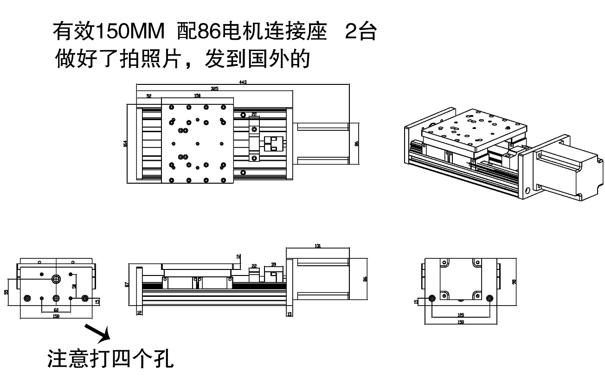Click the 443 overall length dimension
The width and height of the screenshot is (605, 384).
click(x=243, y=82)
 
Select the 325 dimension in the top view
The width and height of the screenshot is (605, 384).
click(x=214, y=88)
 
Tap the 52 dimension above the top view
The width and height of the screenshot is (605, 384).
click(x=149, y=96)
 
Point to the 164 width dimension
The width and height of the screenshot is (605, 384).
click(x=125, y=144)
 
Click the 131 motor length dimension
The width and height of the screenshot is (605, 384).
click(x=318, y=246)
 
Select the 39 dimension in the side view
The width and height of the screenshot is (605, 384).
click(x=273, y=264)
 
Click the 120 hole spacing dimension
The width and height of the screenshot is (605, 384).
click(x=461, y=315)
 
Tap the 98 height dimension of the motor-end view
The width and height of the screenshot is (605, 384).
click(x=513, y=282)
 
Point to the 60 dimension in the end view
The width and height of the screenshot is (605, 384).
click(x=56, y=309)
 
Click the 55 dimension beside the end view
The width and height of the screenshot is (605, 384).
click(x=6, y=292)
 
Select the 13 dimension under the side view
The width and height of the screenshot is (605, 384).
click(x=290, y=314)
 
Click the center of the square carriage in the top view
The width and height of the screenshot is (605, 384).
click(x=197, y=144)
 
